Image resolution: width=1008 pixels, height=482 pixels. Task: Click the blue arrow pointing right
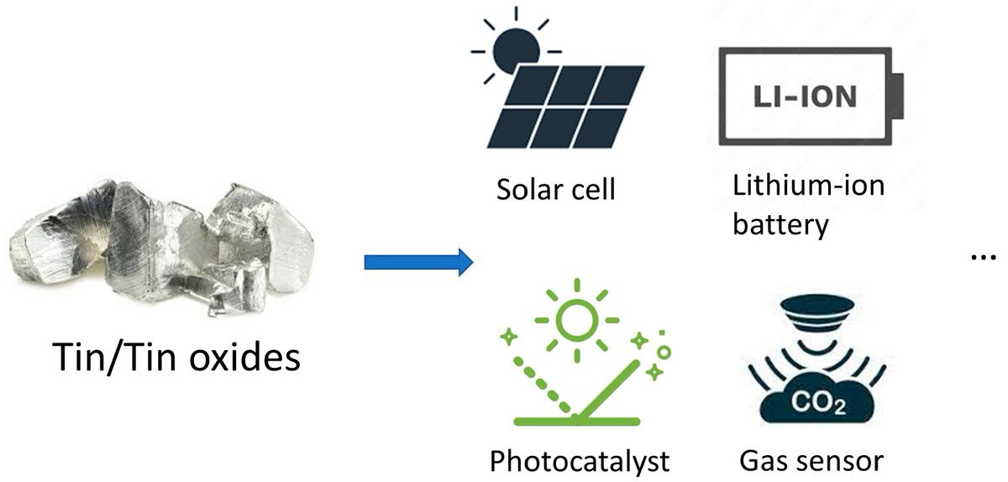click(x=418, y=262)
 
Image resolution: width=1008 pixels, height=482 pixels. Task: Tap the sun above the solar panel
click(x=516, y=50)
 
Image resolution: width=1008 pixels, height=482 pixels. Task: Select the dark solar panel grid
click(x=565, y=107)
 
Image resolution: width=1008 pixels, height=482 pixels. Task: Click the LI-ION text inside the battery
click(x=805, y=97)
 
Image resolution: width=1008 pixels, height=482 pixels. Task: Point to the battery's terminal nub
click(x=898, y=97)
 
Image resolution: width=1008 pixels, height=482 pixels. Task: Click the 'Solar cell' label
click(x=556, y=190)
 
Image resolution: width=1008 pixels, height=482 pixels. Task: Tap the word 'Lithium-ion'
click(x=809, y=186)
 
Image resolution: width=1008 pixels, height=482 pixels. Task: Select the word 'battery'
click(x=780, y=224)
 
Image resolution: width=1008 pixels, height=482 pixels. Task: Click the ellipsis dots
click(x=984, y=257)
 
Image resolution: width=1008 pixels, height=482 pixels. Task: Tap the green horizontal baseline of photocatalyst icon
click(x=577, y=422)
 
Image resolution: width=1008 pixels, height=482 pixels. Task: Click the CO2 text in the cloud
click(x=818, y=402)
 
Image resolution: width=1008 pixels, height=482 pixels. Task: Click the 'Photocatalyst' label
click(x=580, y=461)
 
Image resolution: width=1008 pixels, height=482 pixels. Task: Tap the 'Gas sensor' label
click(x=811, y=461)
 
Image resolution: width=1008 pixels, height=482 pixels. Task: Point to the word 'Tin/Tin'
click(x=114, y=358)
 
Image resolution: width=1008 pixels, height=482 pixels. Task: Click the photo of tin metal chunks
click(x=162, y=247)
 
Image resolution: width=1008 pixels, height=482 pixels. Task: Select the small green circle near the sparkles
click(x=664, y=353)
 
